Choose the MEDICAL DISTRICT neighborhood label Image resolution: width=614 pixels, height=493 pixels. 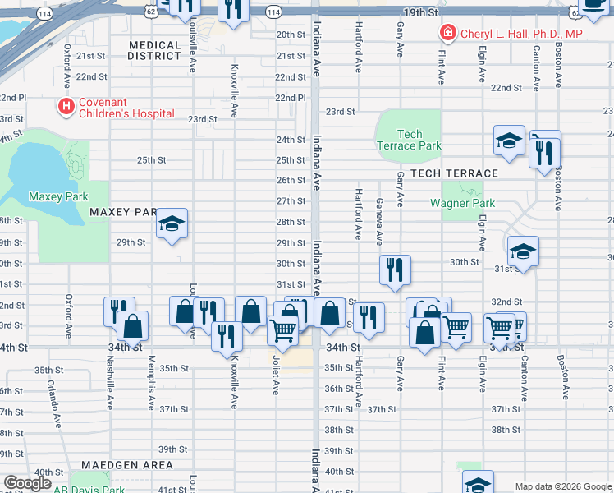[154, 51]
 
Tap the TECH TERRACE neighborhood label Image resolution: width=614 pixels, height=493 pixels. [454, 173]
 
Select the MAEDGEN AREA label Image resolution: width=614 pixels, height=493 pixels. [132, 465]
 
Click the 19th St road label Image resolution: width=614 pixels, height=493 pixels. [421, 14]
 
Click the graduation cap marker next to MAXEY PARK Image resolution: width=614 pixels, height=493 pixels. [172, 223]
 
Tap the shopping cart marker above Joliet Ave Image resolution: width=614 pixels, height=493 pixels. [283, 329]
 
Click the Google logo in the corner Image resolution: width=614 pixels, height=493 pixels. [28, 483]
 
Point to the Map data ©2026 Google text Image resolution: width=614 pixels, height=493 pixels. [563, 486]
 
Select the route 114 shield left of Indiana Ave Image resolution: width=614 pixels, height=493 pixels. [273, 12]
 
